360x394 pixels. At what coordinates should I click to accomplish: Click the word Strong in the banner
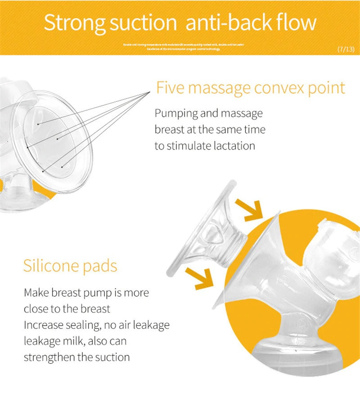coord(74,23)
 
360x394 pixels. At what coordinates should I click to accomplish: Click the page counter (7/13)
coord(346,49)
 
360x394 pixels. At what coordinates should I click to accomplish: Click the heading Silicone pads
coord(70,266)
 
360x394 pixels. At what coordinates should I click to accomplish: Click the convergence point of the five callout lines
coord(149,92)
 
